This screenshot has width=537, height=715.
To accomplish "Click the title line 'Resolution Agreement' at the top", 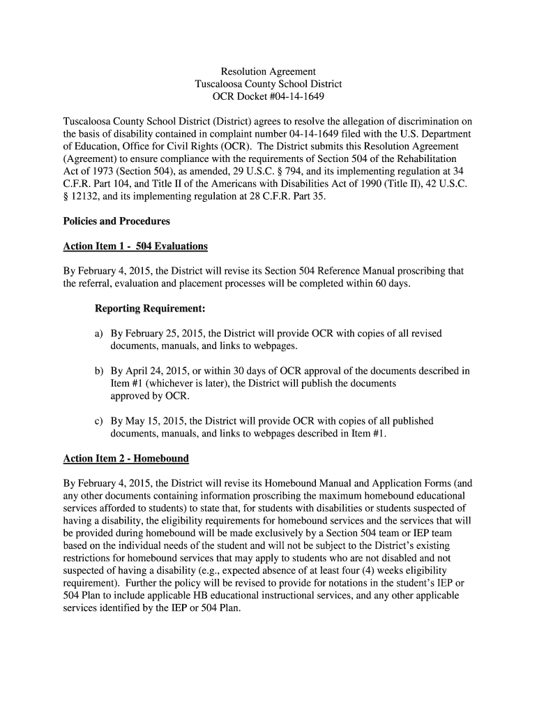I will pos(268,71).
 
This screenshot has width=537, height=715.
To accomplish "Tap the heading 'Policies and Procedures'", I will pos(116,221).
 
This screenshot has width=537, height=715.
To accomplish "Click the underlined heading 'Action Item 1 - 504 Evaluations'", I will pos(135,246).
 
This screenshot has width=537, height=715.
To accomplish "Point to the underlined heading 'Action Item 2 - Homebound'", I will pos(126,458).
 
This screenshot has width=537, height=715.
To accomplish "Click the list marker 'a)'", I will pos(100,334).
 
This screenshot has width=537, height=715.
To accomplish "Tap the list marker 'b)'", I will pos(100,371).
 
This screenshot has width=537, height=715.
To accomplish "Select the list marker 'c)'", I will pos(100,421).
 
